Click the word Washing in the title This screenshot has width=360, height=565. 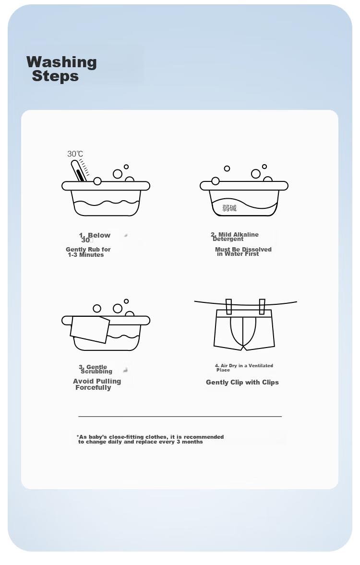(x=61, y=62)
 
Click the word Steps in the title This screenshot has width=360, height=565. (x=55, y=76)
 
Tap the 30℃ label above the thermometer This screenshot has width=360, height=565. (x=75, y=154)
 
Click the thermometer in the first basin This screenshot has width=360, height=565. (x=79, y=171)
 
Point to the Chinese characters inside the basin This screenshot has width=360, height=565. (x=229, y=207)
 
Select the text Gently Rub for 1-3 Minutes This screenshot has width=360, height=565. (x=88, y=252)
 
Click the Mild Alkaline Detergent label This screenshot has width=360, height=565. (x=235, y=236)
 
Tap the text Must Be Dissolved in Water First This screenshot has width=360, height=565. (x=243, y=252)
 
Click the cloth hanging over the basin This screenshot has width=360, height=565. (x=90, y=329)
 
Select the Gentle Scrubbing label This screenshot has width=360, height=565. (x=96, y=369)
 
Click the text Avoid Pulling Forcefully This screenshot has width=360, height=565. (x=97, y=384)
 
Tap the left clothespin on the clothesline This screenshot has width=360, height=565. (x=228, y=306)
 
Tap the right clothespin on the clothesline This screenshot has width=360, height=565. (x=262, y=306)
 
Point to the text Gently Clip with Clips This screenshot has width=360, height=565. (x=242, y=382)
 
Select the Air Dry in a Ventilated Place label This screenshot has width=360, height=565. (x=244, y=368)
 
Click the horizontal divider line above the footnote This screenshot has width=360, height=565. (x=180, y=417)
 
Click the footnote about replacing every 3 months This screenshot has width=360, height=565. (x=150, y=439)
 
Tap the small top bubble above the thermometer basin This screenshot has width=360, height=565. (x=126, y=167)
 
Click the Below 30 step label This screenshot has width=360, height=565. (x=95, y=238)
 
